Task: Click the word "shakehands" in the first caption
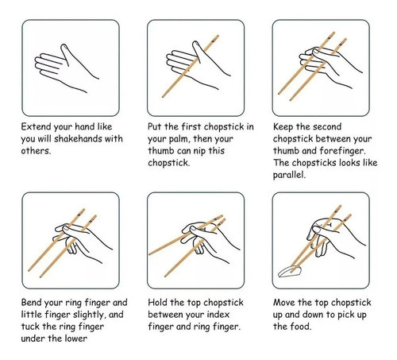point(71,138)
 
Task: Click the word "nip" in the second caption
point(198,151)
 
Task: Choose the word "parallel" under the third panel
point(288,175)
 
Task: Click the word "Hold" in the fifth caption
point(157,302)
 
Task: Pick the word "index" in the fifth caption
point(218,315)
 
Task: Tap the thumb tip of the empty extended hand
point(64,46)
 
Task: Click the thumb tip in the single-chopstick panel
point(195,43)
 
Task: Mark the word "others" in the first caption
point(36,150)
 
